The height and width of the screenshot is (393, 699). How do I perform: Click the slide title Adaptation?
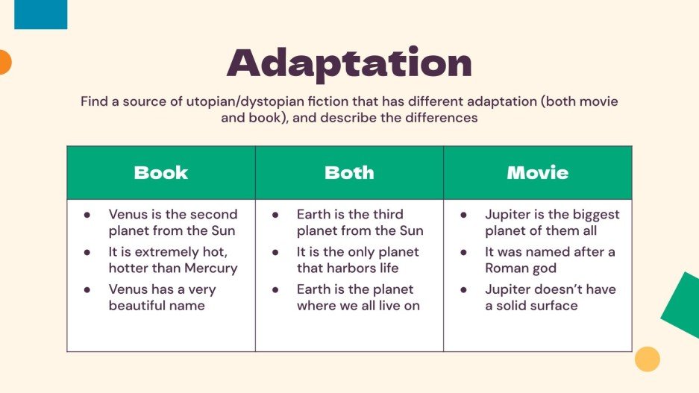tap(349, 64)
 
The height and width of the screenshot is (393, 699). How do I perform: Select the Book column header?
tap(160, 173)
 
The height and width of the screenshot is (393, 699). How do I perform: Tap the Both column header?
tap(349, 173)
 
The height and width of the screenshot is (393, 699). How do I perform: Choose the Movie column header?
tap(537, 173)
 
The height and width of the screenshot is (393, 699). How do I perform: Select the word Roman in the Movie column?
tap(507, 268)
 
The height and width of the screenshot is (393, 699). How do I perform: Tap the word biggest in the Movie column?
tap(592, 215)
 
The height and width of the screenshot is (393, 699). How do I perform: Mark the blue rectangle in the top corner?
tap(40, 13)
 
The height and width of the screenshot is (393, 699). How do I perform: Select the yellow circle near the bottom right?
tap(647, 359)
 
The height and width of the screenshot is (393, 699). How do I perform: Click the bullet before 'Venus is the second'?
tap(87, 215)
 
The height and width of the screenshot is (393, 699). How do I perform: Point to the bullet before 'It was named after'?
tap(463, 252)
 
